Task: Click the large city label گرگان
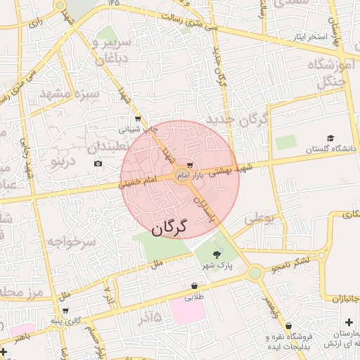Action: tap(171, 227)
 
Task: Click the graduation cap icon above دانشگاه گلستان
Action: tap(330, 139)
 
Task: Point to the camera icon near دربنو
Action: tap(98, 164)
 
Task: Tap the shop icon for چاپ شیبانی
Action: tap(137, 119)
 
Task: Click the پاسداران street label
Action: tap(203, 210)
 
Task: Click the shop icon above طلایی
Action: tap(193, 286)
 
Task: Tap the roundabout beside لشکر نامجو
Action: tap(255, 273)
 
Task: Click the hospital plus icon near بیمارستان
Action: tap(349, 322)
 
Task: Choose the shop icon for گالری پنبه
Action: tap(65, 310)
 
